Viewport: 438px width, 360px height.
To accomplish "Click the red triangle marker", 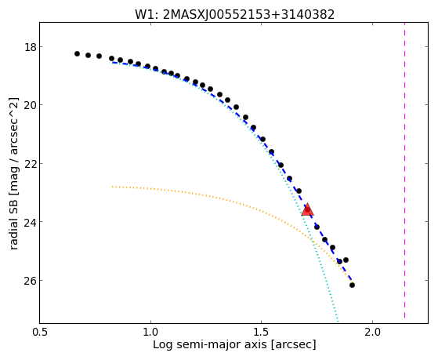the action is pos(308,209).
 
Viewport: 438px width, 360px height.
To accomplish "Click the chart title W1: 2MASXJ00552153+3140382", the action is pos(234,15).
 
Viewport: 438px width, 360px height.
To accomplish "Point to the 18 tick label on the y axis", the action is pos(31,47).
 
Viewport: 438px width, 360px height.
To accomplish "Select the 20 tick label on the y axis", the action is pos(31,105).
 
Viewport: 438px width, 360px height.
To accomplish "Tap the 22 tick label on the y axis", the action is pos(31,164).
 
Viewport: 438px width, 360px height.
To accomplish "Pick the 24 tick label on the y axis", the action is pos(31,222).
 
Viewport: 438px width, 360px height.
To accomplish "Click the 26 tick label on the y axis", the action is pos(31,281).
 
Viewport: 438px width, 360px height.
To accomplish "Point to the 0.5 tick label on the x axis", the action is pos(40,332).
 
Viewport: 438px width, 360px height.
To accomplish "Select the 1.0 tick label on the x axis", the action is pos(151,332).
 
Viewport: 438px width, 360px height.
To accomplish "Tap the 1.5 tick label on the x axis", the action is pos(262,332).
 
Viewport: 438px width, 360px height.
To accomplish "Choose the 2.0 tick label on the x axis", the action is pos(373,332).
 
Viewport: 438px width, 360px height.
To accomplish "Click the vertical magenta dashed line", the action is pos(405,170).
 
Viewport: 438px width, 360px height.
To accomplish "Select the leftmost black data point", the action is pos(77,53).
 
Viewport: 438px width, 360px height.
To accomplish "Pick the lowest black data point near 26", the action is pos(353,285).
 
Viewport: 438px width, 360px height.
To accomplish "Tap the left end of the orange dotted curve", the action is pos(113,187).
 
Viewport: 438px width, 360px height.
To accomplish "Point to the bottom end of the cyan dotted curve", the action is pos(338,321).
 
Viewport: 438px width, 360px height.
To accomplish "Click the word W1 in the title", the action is pos(145,15).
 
